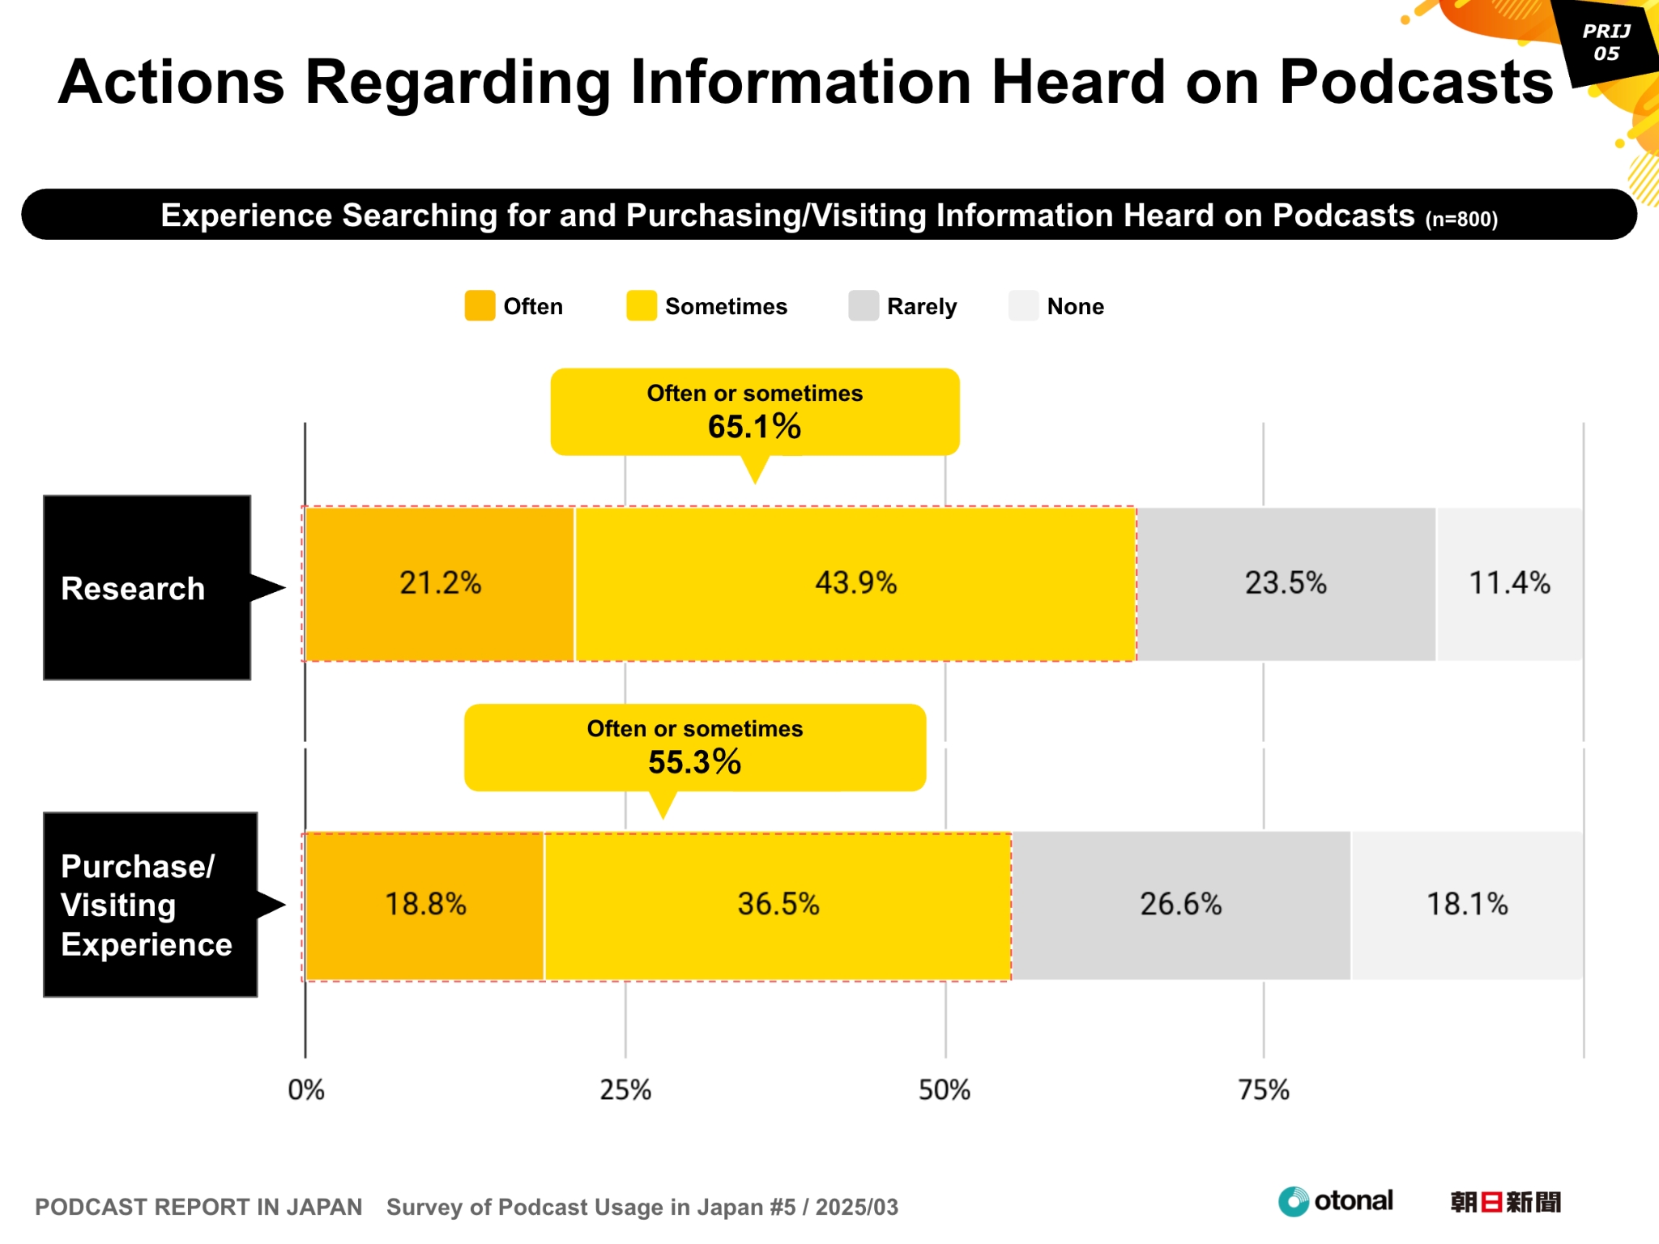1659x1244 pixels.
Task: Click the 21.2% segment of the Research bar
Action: pyautogui.click(x=440, y=583)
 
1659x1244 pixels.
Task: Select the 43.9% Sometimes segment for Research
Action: pyautogui.click(x=855, y=583)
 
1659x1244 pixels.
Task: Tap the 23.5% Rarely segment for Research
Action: pyautogui.click(x=1286, y=583)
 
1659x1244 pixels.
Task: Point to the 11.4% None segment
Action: pyautogui.click(x=1509, y=583)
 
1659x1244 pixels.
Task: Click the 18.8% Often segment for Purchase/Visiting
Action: pyautogui.click(x=425, y=905)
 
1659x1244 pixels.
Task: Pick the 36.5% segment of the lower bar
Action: pyautogui.click(x=778, y=905)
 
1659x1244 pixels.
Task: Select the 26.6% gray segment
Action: pyautogui.click(x=1180, y=905)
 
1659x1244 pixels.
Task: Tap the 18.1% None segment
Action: pyautogui.click(x=1466, y=905)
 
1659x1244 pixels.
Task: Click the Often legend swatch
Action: pyautogui.click(x=480, y=306)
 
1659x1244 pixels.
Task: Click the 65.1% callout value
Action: pyautogui.click(x=754, y=427)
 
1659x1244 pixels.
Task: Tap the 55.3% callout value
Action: pyautogui.click(x=694, y=762)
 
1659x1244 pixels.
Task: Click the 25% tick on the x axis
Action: pyautogui.click(x=625, y=1090)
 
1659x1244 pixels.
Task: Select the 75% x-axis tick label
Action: pyautogui.click(x=1264, y=1090)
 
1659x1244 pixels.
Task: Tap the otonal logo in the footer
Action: pyautogui.click(x=1336, y=1201)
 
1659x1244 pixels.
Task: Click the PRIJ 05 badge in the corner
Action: pyautogui.click(x=1606, y=43)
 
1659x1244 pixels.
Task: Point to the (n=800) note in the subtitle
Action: pyautogui.click(x=1461, y=219)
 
